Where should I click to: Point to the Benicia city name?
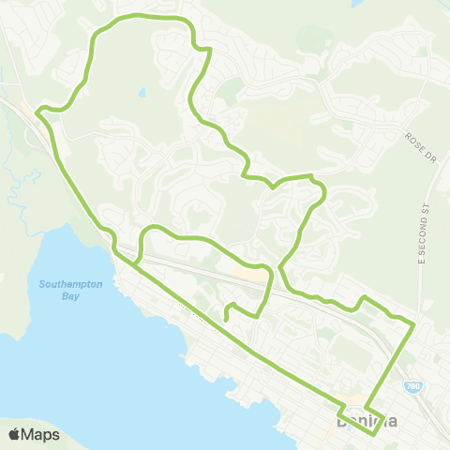pos(367,422)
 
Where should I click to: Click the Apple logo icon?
pos(15,434)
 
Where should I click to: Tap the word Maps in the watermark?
pos(42,434)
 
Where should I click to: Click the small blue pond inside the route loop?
pos(142,93)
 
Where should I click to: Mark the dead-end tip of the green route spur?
pos(227,321)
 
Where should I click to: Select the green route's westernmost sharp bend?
pos(37,112)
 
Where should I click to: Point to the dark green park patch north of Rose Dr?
pos(309,39)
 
